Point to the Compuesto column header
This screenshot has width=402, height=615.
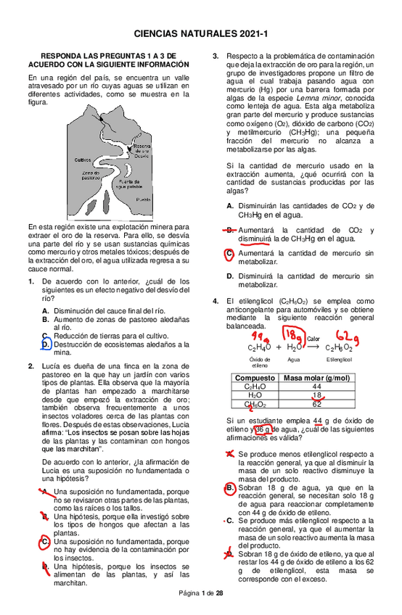[255, 378]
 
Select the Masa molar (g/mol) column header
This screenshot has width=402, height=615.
[316, 378]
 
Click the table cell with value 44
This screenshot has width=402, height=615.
[316, 387]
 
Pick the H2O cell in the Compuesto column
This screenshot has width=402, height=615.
[255, 396]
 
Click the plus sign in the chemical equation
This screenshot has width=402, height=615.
[279, 347]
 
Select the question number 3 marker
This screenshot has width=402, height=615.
[216, 57]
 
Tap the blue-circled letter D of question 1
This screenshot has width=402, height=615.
[45, 345]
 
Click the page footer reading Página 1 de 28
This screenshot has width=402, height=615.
[201, 593]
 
